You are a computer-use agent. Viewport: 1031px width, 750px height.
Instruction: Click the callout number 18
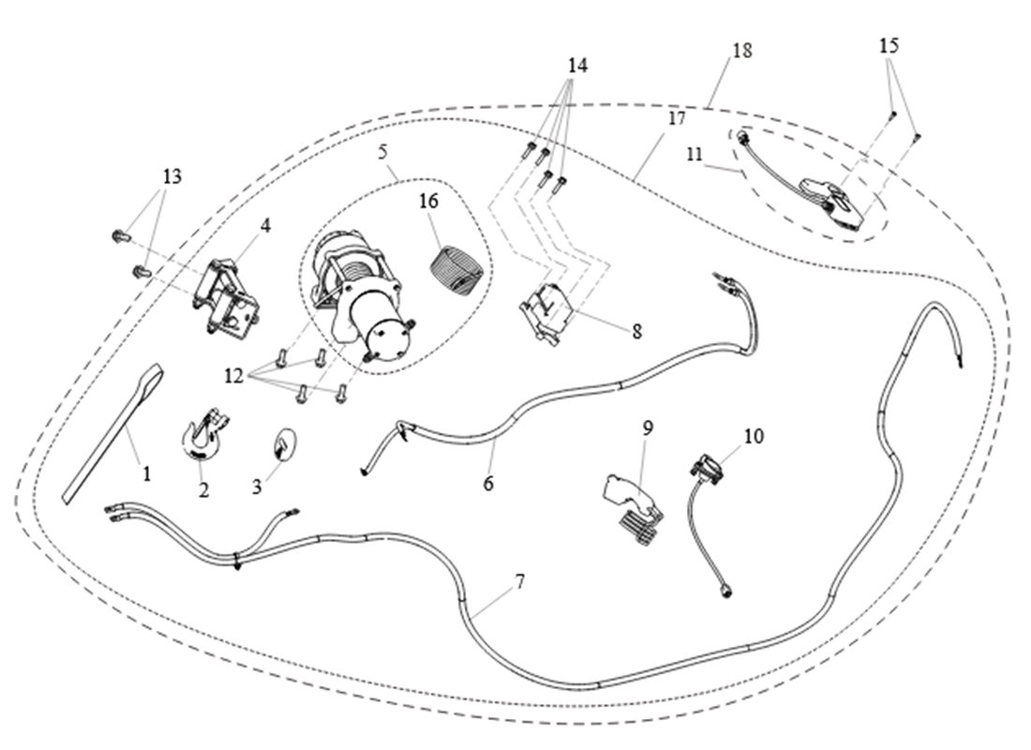pos(742,51)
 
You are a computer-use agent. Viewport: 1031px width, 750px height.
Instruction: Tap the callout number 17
pos(677,119)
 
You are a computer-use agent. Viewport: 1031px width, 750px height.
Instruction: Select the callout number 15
pos(889,45)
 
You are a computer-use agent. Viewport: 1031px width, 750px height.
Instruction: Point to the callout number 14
pos(577,66)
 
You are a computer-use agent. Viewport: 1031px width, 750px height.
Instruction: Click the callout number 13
pos(172,176)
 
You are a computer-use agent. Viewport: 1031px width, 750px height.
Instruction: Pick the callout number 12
pos(234,376)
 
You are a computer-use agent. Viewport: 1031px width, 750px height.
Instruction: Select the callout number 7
pos(518,581)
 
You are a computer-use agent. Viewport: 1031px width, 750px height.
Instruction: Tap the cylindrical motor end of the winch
pos(386,335)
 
